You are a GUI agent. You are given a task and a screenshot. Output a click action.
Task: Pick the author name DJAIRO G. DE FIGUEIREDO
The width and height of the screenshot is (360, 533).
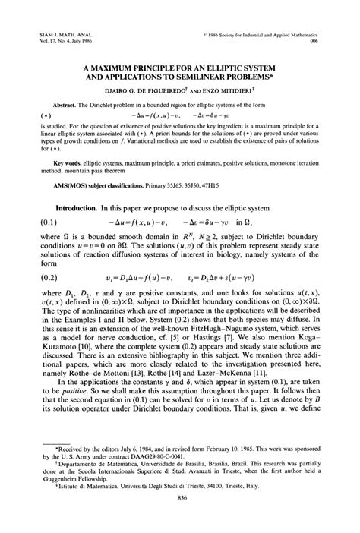162,90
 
